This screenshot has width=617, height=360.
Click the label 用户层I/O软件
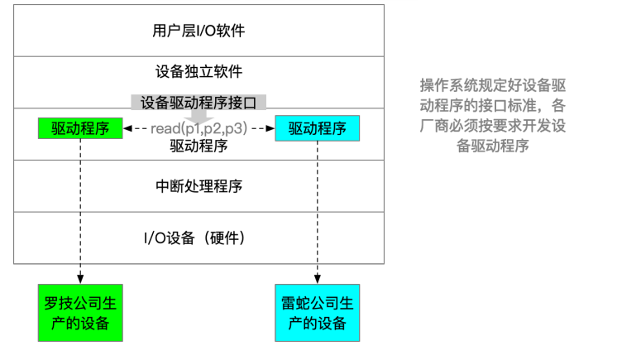(x=198, y=31)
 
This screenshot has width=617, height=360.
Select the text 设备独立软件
(x=198, y=71)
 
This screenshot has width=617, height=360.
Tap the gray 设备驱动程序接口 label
(x=198, y=102)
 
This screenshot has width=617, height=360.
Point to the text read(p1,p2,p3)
(x=198, y=129)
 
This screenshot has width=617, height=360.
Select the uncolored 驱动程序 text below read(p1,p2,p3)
(x=198, y=146)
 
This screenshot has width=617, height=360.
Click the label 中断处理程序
(x=198, y=185)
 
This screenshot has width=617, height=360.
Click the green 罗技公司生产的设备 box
(x=80, y=312)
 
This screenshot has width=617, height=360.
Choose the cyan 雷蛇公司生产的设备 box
(x=318, y=312)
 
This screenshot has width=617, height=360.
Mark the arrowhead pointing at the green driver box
(x=127, y=129)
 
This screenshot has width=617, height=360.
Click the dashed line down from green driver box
(x=80, y=207)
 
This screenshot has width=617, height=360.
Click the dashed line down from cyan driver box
(x=318, y=207)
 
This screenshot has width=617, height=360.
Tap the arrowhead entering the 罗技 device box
(x=80, y=280)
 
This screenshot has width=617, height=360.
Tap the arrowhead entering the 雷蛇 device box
(x=318, y=280)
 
